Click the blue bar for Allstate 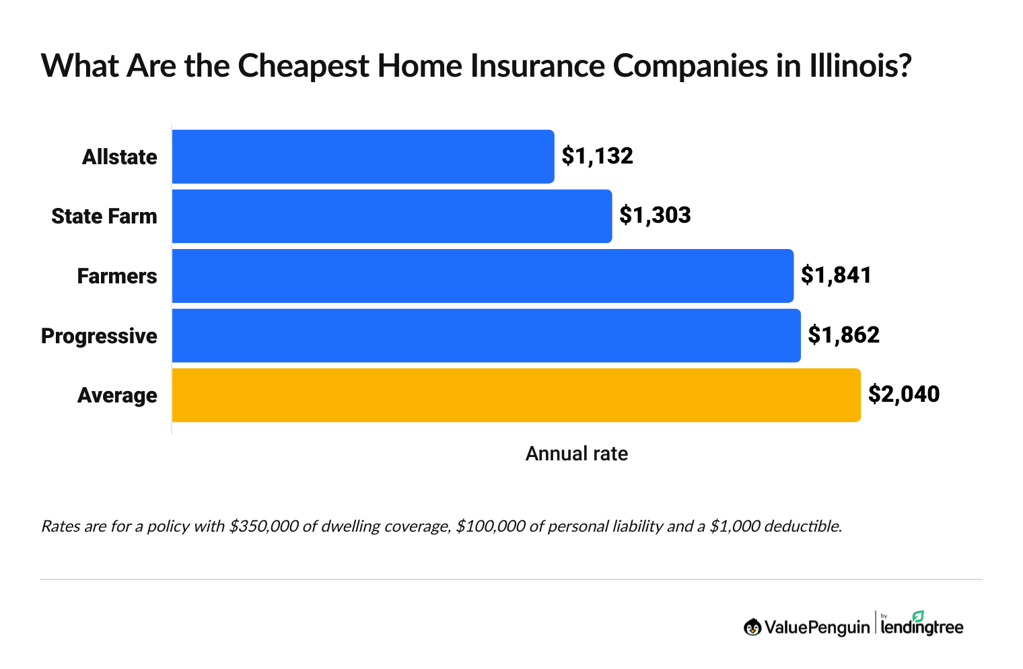coord(363,156)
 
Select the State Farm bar coord(392,216)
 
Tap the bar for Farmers coord(483,276)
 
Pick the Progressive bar coord(486,335)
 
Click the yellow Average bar coord(516,395)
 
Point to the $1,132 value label coord(598,156)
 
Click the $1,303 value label coord(655,215)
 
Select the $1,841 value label coord(836,275)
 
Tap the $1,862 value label coord(843,334)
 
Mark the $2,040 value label coord(903,394)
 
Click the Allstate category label coord(119,157)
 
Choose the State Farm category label coord(104,216)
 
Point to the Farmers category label coord(117,276)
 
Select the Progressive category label coord(99,336)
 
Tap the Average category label coord(117,395)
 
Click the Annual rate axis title coord(576,454)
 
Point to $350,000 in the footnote coord(263,526)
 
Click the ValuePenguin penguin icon coord(752,627)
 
